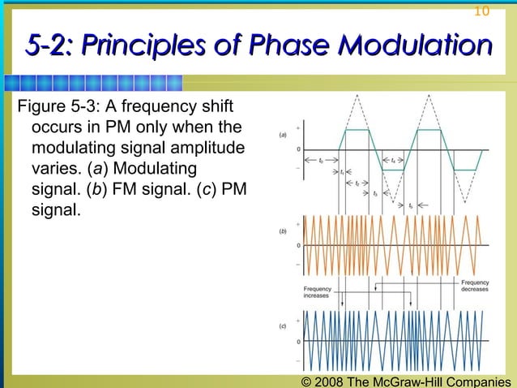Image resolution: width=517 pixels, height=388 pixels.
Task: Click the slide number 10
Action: pyautogui.click(x=481, y=11)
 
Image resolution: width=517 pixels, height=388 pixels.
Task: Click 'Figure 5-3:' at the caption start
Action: pyautogui.click(x=55, y=108)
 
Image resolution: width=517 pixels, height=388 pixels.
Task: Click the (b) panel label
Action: pyautogui.click(x=282, y=231)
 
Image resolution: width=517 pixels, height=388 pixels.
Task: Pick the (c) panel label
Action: pyautogui.click(x=282, y=326)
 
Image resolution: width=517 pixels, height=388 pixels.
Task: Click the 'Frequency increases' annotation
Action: pyautogui.click(x=318, y=292)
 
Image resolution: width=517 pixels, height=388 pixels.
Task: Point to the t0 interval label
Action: pyautogui.click(x=322, y=161)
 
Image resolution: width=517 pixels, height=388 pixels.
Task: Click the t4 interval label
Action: pyautogui.click(x=393, y=161)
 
